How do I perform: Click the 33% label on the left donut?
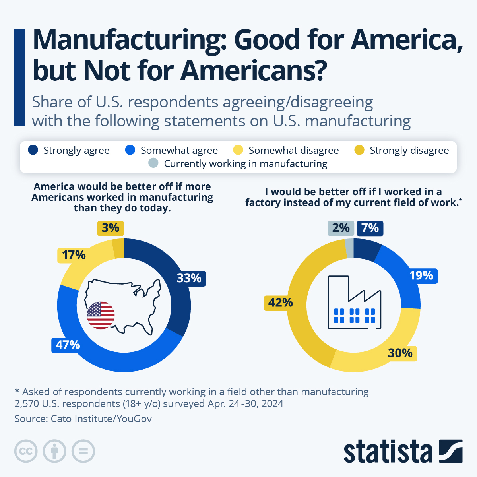coord(189,278)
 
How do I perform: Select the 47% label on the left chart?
coord(68,345)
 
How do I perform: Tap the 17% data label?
coord(74,255)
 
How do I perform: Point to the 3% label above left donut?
coord(111,228)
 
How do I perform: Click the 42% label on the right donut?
coord(280,303)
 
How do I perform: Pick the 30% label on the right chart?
coord(400,353)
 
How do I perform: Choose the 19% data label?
coord(421,275)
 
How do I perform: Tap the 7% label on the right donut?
coord(370,228)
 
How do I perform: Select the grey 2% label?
coord(341,228)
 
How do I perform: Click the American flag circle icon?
coord(101,315)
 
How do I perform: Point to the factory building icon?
coord(354,303)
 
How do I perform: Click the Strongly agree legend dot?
coord(33,150)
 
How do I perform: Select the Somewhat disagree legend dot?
coord(238,150)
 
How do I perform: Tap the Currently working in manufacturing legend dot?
coord(153,163)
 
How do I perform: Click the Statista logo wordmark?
coord(388,452)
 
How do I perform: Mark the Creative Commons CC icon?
coord(26,452)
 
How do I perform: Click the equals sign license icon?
coord(83,452)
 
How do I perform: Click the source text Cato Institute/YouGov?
coord(101,419)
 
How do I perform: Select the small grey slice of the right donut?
coord(349,248)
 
